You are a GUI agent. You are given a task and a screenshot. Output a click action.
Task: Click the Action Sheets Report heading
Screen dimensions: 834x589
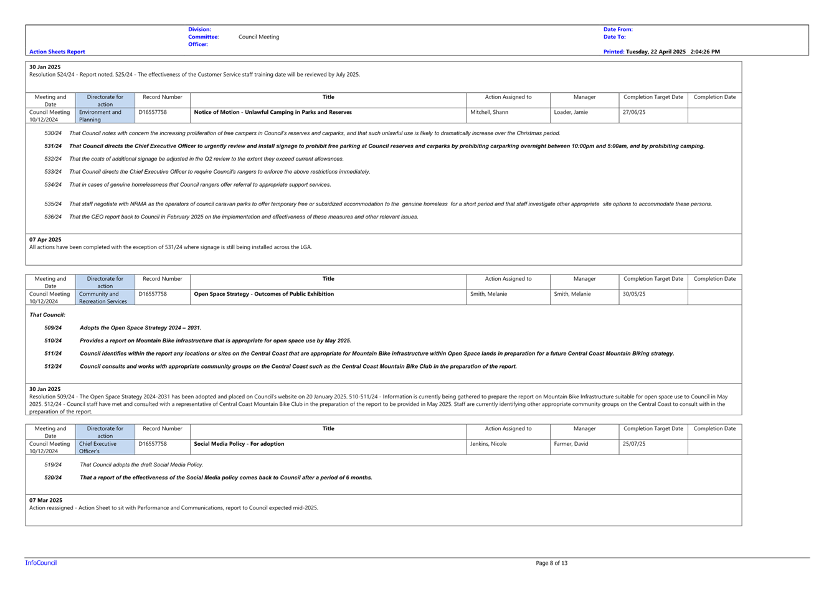coord(57,52)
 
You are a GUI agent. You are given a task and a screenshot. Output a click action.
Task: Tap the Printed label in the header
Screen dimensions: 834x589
coord(614,52)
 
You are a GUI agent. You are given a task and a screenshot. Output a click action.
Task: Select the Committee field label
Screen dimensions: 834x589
coord(203,37)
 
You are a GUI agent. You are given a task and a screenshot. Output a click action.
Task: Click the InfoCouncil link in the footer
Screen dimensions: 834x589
coord(41,563)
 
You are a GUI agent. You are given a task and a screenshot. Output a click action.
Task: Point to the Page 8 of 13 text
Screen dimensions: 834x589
coord(551,563)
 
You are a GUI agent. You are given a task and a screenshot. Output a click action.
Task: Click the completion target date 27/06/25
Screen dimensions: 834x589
coord(633,112)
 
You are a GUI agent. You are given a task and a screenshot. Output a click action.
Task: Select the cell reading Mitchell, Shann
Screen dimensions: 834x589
coord(489,112)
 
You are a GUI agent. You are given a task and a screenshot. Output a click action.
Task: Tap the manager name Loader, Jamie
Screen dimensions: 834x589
coord(571,112)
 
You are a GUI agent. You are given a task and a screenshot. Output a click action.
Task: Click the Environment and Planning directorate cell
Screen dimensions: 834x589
coord(105,116)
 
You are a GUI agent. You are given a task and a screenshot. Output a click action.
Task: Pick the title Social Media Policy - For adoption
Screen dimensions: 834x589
coord(239,443)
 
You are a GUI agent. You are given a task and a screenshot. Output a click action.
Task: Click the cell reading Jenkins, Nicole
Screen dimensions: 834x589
coord(488,443)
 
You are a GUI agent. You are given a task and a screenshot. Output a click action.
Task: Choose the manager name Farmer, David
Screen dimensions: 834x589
coord(571,443)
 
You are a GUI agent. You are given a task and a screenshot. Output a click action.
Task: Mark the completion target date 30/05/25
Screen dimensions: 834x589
coord(633,294)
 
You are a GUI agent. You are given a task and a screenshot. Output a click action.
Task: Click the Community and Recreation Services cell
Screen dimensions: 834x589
coord(105,298)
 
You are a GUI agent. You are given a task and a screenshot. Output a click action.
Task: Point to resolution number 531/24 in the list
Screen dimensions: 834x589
coord(53,146)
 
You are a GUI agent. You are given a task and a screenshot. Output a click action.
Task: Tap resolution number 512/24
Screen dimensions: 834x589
coord(53,367)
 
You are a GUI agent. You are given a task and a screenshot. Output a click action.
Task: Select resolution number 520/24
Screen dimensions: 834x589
coord(53,478)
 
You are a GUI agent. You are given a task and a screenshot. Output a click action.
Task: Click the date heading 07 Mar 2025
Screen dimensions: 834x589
coord(46,500)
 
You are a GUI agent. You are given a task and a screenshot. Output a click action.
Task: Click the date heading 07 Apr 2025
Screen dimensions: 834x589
coord(45,240)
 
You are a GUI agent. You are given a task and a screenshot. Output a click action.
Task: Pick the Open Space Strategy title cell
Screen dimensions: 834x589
coord(328,297)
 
